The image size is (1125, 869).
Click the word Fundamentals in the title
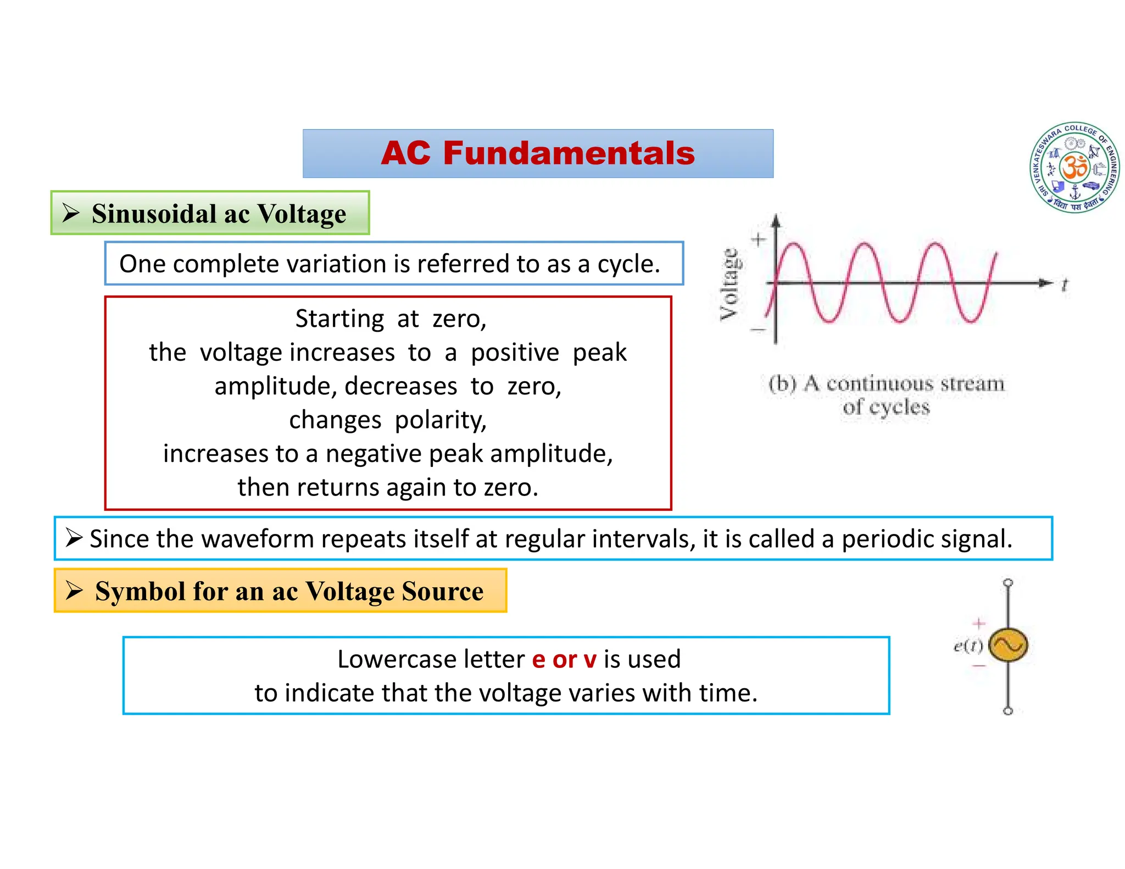coord(569,153)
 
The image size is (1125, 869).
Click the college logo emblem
coord(1074,168)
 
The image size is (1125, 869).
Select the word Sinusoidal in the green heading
coord(154,214)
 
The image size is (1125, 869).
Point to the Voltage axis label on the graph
coord(729,284)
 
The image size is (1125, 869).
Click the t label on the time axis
coord(1065,285)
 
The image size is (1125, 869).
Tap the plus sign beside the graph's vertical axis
coord(759,239)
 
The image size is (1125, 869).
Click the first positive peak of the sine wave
coord(794,245)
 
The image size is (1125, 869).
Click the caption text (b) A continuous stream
coord(886,383)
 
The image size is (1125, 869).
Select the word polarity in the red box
coord(441,420)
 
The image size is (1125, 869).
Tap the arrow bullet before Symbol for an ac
coord(74,591)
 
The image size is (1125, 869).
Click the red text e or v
coord(564,659)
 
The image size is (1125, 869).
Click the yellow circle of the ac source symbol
coord(1008,645)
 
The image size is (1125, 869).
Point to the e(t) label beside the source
coord(968,646)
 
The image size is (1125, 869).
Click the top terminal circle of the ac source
coord(1008,583)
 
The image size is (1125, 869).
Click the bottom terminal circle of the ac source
coord(1008,711)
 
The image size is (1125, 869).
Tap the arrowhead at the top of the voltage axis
coord(776,220)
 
